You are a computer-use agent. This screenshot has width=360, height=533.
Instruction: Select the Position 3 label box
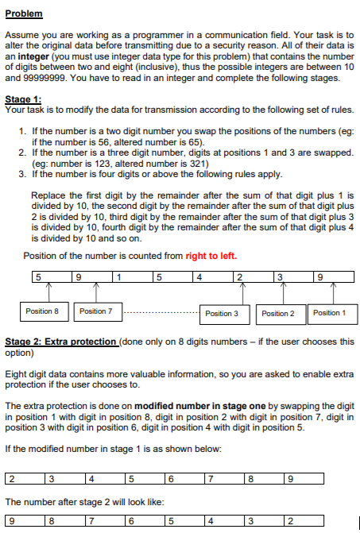point(221,313)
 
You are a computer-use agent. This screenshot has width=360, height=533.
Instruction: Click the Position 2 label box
point(278,313)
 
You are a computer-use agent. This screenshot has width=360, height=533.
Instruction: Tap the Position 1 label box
point(329,313)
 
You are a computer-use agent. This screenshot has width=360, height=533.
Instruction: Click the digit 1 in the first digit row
point(117,277)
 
